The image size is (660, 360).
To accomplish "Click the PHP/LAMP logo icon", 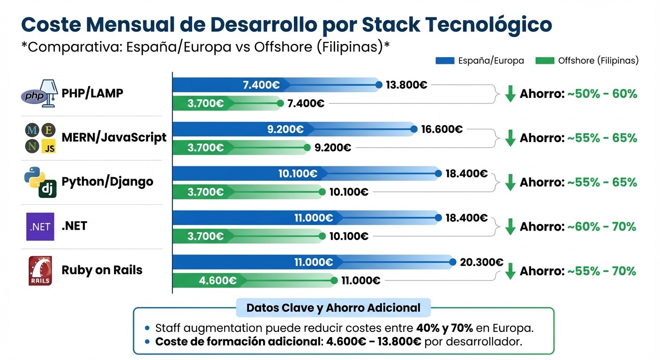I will point(40,93).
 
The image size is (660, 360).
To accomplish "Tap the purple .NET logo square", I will point(40,226).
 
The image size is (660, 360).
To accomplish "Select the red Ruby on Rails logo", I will point(40,270).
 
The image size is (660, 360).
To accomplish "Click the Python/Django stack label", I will point(107,182).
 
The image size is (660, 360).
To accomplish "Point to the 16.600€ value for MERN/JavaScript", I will point(442,129).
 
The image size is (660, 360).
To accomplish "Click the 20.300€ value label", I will point(481,262).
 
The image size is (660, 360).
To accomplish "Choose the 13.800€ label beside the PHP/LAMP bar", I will point(406,85).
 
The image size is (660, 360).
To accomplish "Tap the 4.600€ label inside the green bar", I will point(217,281).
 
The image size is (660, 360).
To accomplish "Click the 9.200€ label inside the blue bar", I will point(285,129).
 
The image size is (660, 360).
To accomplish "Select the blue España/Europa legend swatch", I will point(445,60).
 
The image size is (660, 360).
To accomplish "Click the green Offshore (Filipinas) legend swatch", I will point(545,60).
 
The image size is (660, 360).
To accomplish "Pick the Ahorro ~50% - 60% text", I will point(578,94).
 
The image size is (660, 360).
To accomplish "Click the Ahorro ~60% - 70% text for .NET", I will point(578,227).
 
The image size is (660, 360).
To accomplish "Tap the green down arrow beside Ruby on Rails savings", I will point(510,271).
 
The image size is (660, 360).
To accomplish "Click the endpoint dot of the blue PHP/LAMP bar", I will point(379,85).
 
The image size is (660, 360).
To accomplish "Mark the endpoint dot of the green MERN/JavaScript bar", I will point(307,148).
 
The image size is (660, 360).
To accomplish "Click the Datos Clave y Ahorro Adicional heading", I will point(333,308).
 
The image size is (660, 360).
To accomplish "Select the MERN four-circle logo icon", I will point(40,138).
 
